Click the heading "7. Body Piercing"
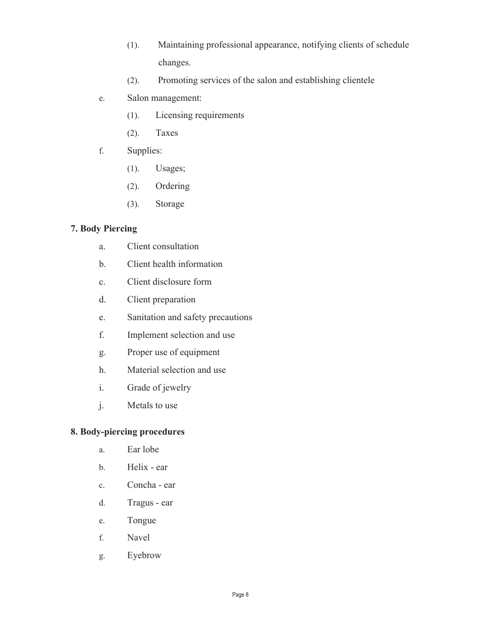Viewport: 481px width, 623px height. [x=104, y=229]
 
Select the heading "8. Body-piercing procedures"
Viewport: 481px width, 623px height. [x=128, y=432]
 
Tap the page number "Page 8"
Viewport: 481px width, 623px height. [x=240, y=595]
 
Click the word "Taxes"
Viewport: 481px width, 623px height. [x=167, y=133]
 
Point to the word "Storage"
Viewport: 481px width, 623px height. [x=170, y=204]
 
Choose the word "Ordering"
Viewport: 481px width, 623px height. [x=172, y=186]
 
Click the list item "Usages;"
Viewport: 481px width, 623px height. [x=170, y=169]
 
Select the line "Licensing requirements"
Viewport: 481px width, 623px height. [x=199, y=115]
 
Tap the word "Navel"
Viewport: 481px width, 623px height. [x=138, y=538]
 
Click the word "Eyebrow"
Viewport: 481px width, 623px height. [x=144, y=556]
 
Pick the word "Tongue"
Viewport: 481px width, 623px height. [x=141, y=521]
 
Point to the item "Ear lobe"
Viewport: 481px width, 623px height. [x=143, y=450]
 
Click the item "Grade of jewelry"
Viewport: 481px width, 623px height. [x=159, y=388]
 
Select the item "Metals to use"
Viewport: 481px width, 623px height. [x=152, y=406]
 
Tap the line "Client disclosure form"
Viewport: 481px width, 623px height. [x=169, y=282]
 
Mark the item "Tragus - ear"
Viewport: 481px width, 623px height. [x=150, y=503]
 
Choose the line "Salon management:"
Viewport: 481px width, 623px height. [x=164, y=98]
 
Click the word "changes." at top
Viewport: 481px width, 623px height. [x=174, y=63]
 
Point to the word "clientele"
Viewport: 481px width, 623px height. [x=355, y=81]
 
